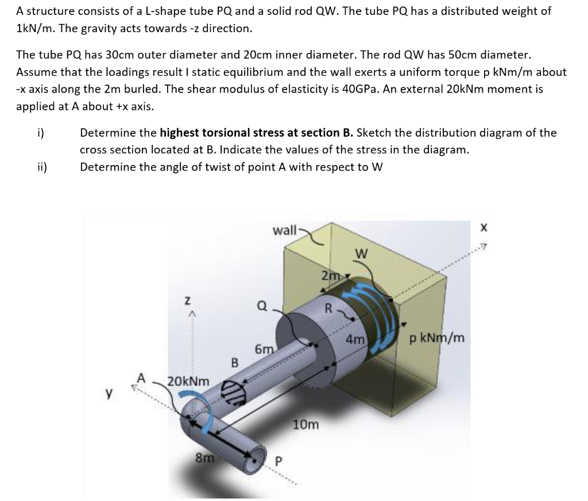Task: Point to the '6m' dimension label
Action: pyautogui.click(x=263, y=349)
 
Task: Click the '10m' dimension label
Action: pyautogui.click(x=306, y=425)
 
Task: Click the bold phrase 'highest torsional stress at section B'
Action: pyautogui.click(x=256, y=133)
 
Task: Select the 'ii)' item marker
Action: pyautogui.click(x=42, y=167)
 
